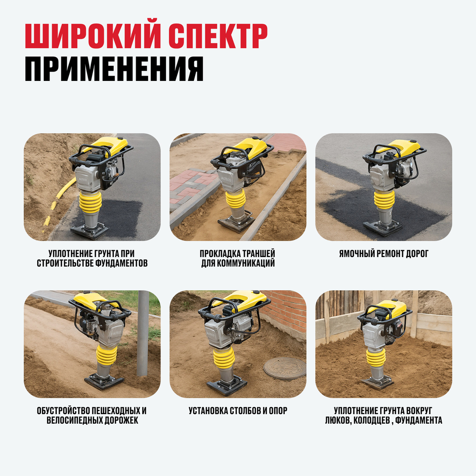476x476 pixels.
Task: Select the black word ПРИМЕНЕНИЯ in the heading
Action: point(114,69)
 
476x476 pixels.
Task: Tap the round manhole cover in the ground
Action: point(285,368)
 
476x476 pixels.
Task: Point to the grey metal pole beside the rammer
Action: point(143,333)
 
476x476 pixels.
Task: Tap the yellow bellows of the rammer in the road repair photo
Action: point(384,199)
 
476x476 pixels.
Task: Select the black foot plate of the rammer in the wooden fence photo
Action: point(377,383)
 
